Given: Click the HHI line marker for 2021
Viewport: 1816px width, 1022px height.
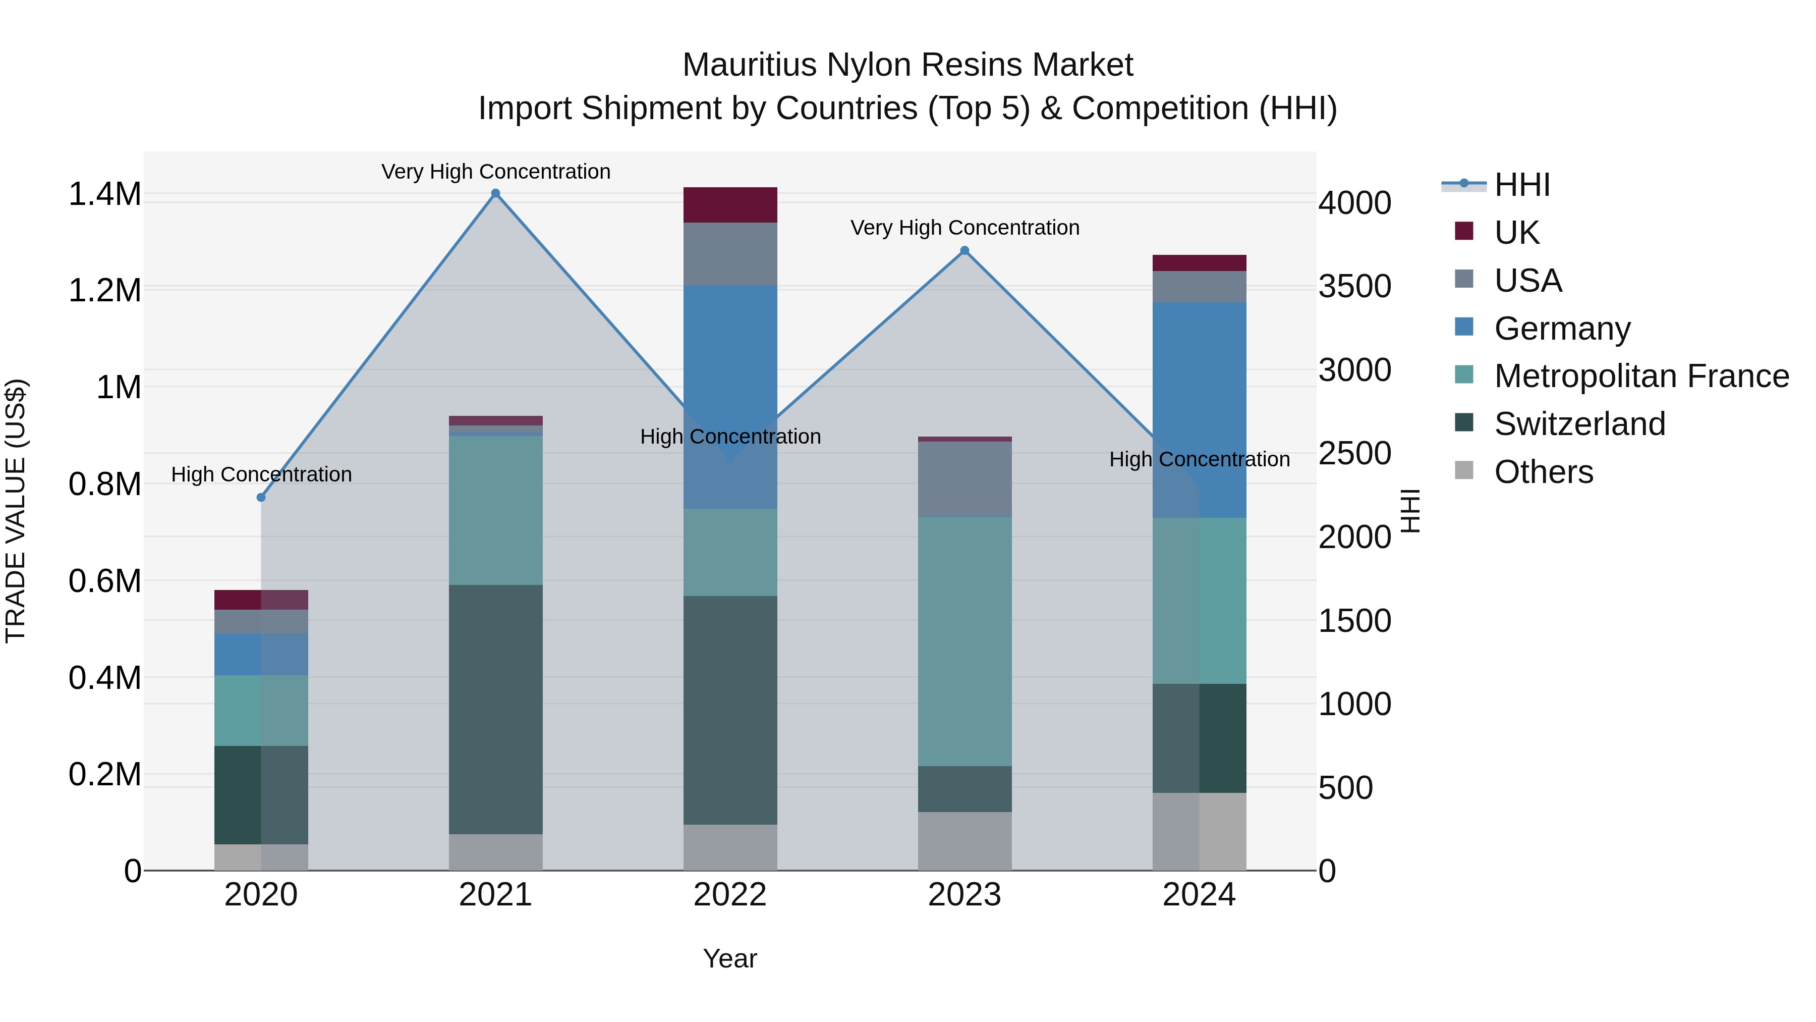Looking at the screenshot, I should click(x=495, y=193).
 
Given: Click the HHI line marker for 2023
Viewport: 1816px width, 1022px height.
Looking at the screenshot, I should click(x=964, y=250).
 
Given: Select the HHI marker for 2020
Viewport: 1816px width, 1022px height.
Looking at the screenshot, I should click(x=261, y=497).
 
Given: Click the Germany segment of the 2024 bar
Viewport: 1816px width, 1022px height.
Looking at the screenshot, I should click(x=1199, y=409).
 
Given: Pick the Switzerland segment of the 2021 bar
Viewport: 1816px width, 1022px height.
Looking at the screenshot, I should click(x=495, y=709).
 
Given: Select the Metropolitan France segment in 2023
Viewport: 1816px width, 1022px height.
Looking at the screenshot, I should click(x=964, y=640).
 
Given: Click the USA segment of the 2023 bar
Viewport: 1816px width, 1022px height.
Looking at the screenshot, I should click(x=964, y=479).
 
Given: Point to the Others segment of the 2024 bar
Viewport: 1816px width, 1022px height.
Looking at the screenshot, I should click(x=1199, y=831).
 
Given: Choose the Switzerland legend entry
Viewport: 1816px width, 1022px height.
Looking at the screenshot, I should click(x=1579, y=424).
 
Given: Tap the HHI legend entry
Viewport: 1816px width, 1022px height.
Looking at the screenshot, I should click(x=1521, y=185).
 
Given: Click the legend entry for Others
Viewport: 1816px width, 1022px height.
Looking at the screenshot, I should click(x=1543, y=472).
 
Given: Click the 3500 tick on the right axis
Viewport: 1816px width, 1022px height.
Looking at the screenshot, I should click(x=1354, y=286).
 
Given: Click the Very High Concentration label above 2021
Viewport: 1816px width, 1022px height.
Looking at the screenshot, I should click(x=495, y=172).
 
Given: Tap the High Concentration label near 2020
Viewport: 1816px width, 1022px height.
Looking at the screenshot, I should click(x=261, y=474).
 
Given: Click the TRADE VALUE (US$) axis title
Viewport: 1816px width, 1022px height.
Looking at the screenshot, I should click(x=16, y=511).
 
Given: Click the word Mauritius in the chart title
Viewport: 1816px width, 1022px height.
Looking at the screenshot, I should click(x=750, y=65).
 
